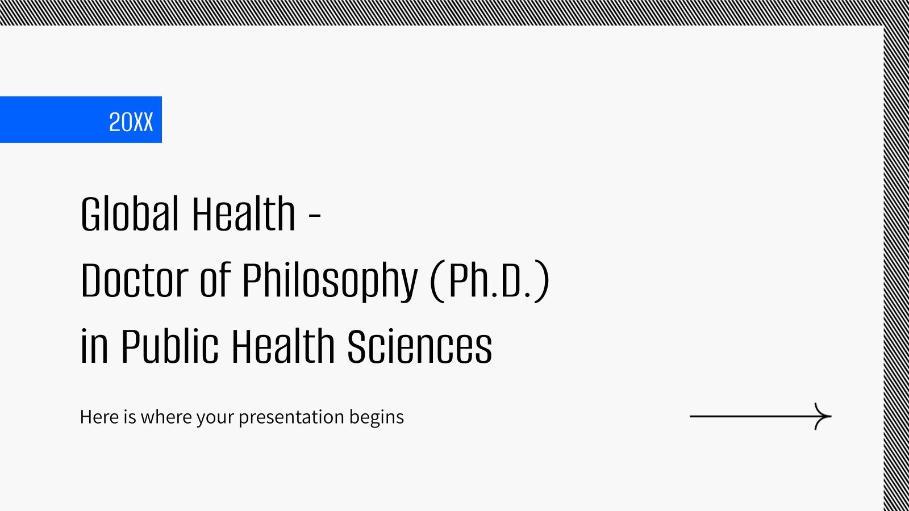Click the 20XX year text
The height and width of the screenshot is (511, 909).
tap(131, 122)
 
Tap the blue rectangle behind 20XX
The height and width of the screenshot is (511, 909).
tap(51, 120)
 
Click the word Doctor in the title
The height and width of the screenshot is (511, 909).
tap(134, 280)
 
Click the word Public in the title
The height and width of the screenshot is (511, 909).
tap(169, 346)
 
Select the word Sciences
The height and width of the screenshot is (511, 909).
tap(419, 346)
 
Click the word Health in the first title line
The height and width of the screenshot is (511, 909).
tap(243, 214)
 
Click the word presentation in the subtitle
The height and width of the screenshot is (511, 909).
tap(291, 417)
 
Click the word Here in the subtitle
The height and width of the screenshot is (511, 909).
tap(100, 417)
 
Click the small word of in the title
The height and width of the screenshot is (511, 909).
tap(215, 280)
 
